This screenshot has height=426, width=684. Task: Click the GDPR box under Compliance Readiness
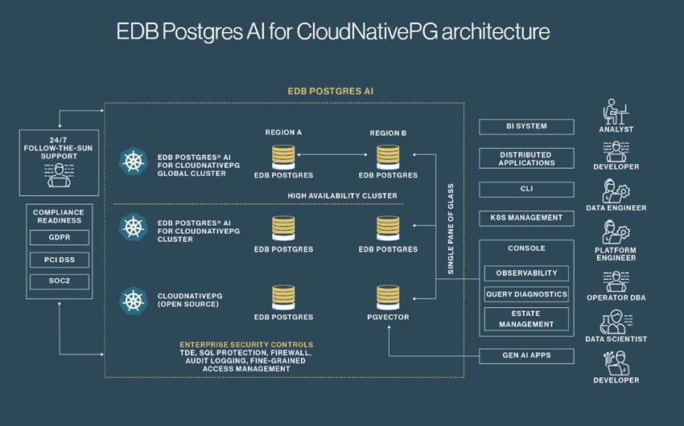click(59, 238)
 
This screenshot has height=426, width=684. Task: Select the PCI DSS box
click(59, 260)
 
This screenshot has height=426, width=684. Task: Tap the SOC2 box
click(59, 282)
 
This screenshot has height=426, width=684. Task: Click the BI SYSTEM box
click(526, 126)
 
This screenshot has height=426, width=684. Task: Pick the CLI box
click(526, 190)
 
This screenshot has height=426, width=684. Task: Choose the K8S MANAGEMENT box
click(526, 218)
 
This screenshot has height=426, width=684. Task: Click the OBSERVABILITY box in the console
click(526, 273)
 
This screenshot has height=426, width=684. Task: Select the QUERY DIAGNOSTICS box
click(526, 294)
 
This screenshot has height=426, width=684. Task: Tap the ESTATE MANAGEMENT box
click(526, 319)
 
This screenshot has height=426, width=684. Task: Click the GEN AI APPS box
click(526, 355)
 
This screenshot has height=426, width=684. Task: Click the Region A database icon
click(283, 156)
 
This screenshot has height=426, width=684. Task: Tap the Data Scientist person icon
click(616, 322)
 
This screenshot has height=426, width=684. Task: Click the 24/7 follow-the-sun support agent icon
click(60, 174)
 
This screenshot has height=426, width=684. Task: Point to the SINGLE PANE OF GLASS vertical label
click(451, 229)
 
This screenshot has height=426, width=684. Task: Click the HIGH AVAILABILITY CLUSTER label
click(342, 195)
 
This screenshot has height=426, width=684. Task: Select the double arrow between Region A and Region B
click(336, 153)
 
